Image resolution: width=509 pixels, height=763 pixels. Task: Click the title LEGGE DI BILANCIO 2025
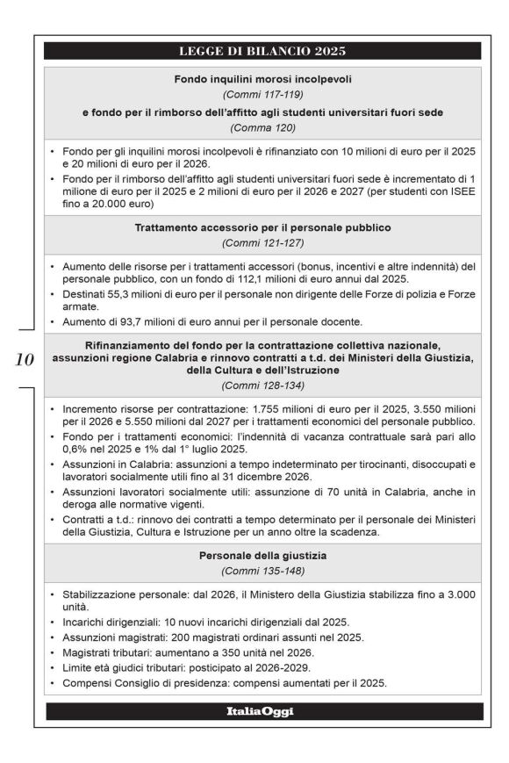click(x=262, y=50)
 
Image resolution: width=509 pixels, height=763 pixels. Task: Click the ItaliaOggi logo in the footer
click(x=262, y=711)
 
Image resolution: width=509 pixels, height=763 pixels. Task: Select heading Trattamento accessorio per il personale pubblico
click(x=262, y=227)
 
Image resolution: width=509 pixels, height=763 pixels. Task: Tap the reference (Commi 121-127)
click(x=262, y=243)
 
